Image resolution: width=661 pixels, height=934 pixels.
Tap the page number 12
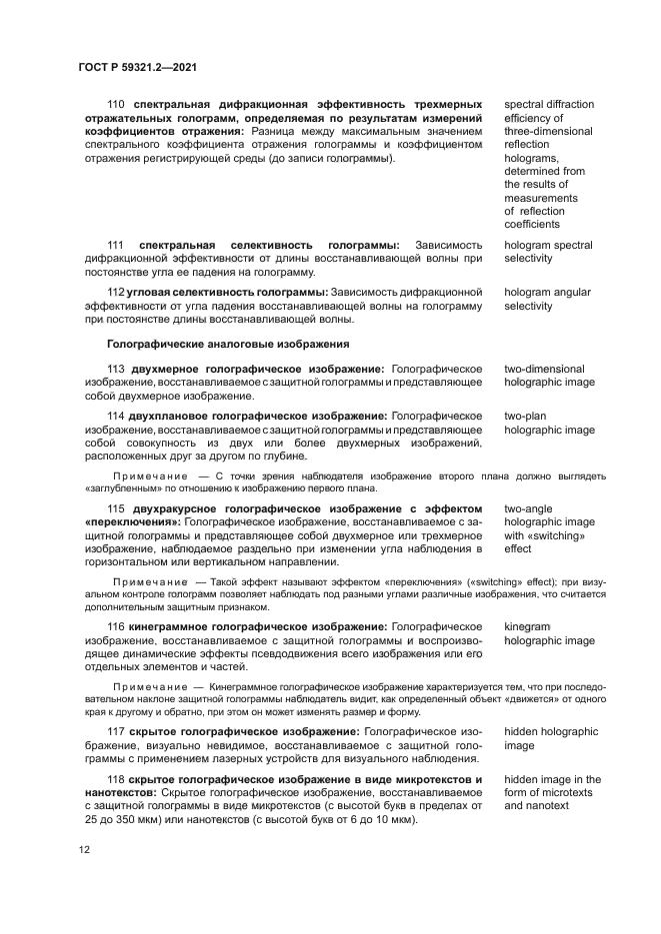pos(84,849)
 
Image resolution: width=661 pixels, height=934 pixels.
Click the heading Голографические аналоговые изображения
pos(228,345)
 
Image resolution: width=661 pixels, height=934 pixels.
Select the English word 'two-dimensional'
pos(544,370)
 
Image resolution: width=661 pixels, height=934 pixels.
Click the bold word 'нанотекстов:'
pos(120,793)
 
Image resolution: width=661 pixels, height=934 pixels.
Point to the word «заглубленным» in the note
pos(117,489)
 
